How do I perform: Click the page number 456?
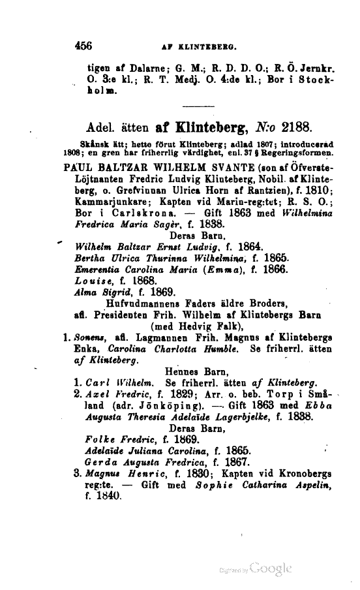coord(86,46)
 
